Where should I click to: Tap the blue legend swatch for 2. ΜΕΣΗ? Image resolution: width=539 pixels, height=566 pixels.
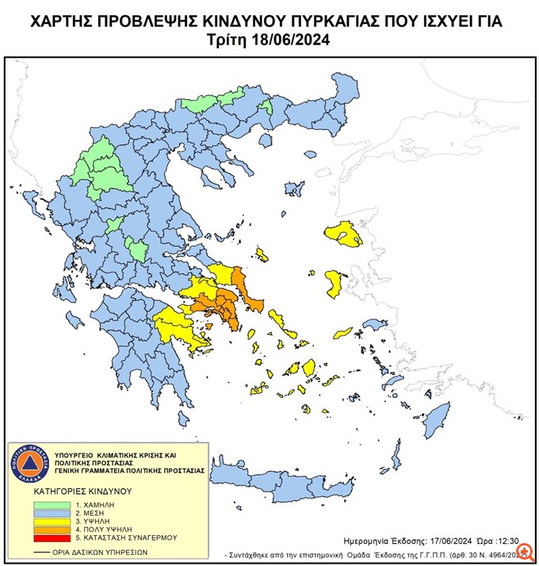(53, 513)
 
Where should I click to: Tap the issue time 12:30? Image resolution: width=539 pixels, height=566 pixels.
(510, 537)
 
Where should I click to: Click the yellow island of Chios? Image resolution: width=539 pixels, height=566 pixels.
(334, 283)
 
